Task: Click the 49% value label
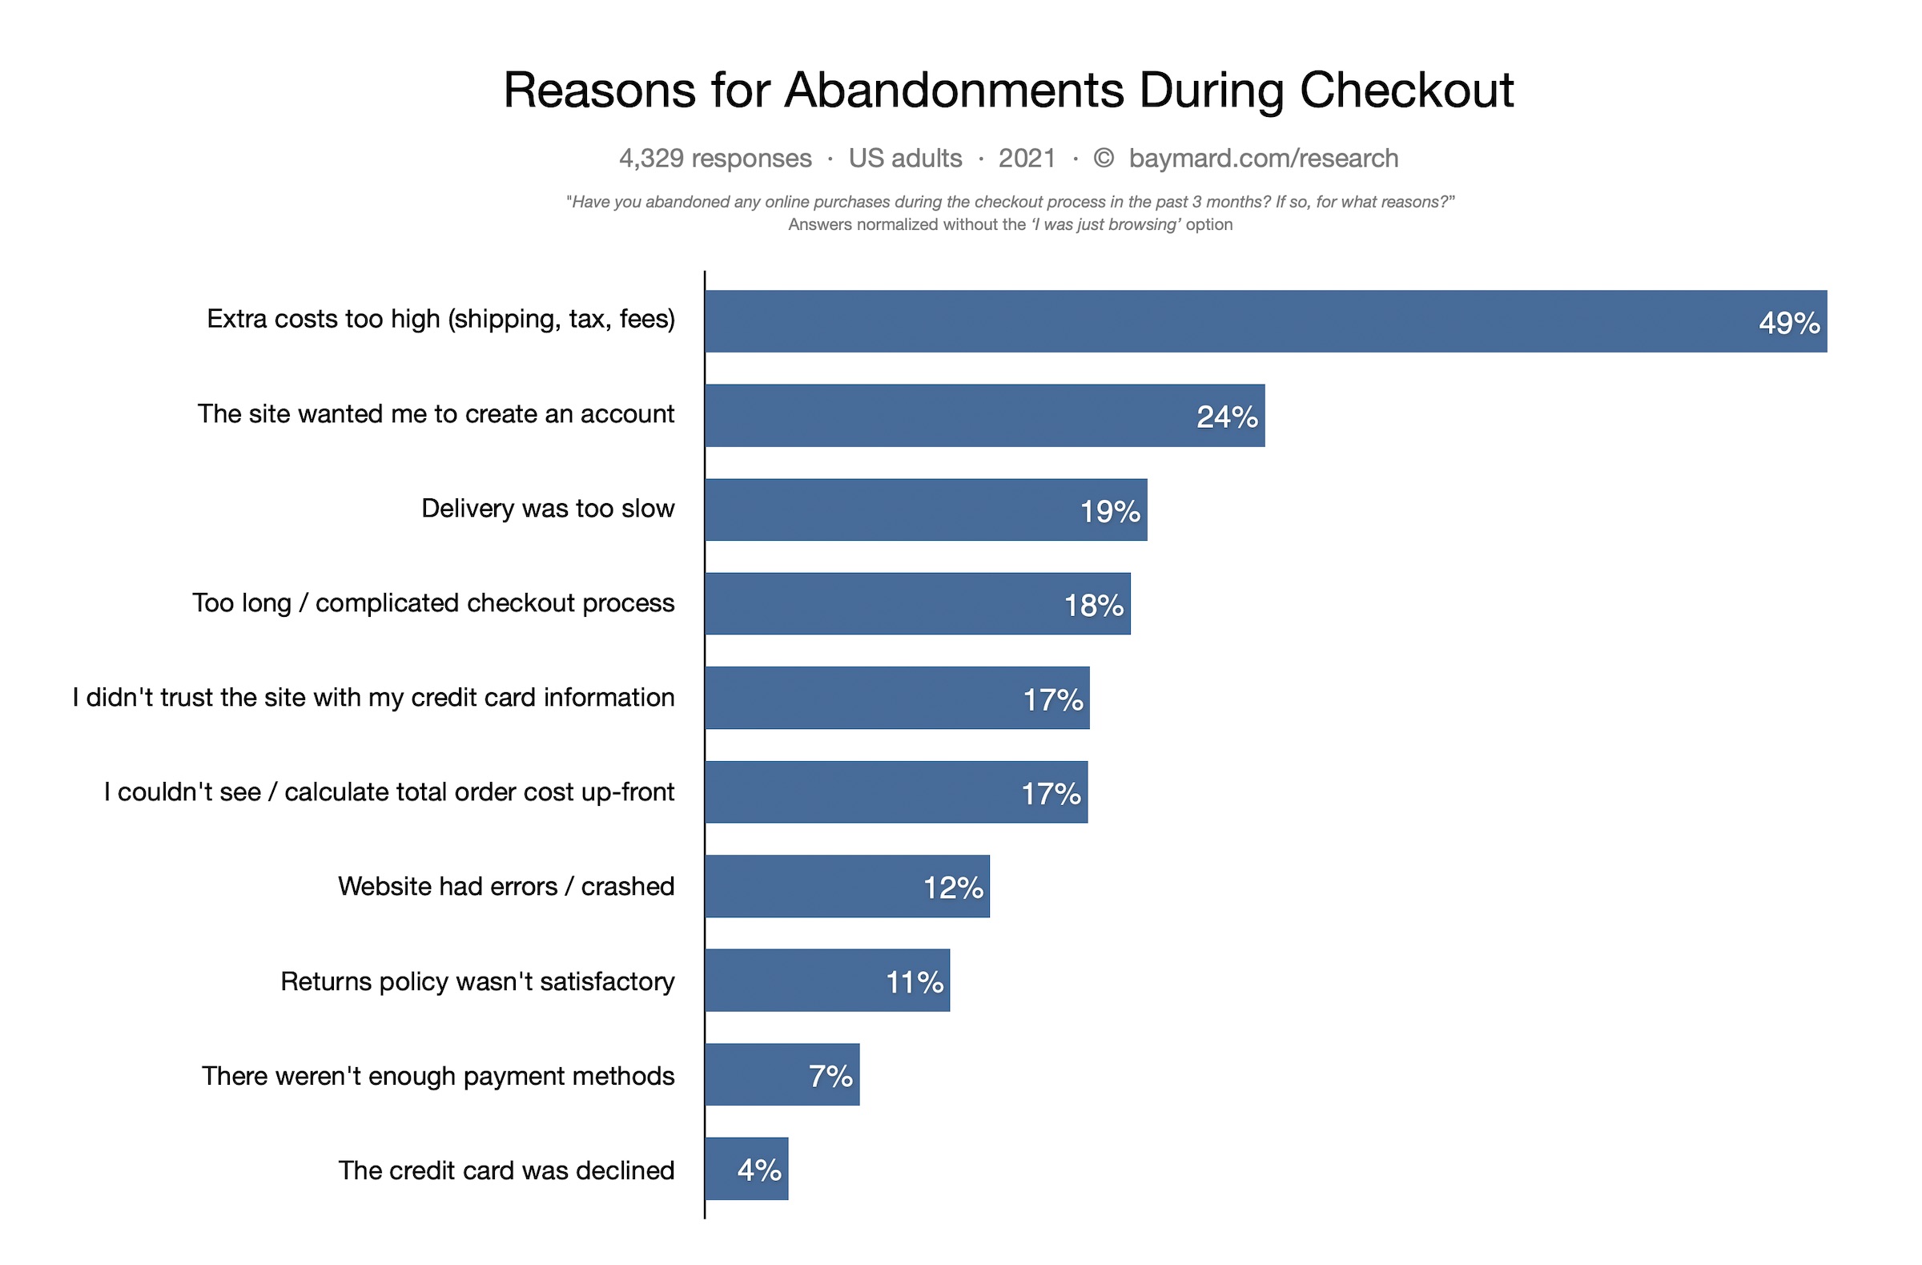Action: click(1788, 323)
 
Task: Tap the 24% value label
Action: click(1226, 417)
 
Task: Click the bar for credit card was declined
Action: click(746, 1169)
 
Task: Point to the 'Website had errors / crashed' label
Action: click(505, 886)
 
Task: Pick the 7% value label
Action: click(830, 1076)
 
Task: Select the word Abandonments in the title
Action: click(954, 90)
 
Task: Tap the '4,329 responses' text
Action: click(714, 159)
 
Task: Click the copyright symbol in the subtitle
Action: click(1103, 159)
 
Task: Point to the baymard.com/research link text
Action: click(1263, 159)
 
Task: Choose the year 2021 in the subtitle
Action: click(1027, 159)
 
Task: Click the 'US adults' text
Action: click(904, 159)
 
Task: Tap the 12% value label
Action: click(953, 888)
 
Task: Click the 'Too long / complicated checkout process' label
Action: click(433, 602)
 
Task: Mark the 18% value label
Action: click(1093, 605)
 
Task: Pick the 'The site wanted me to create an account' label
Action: click(436, 413)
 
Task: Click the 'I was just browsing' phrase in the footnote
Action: click(1104, 224)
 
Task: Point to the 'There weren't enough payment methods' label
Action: click(438, 1076)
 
